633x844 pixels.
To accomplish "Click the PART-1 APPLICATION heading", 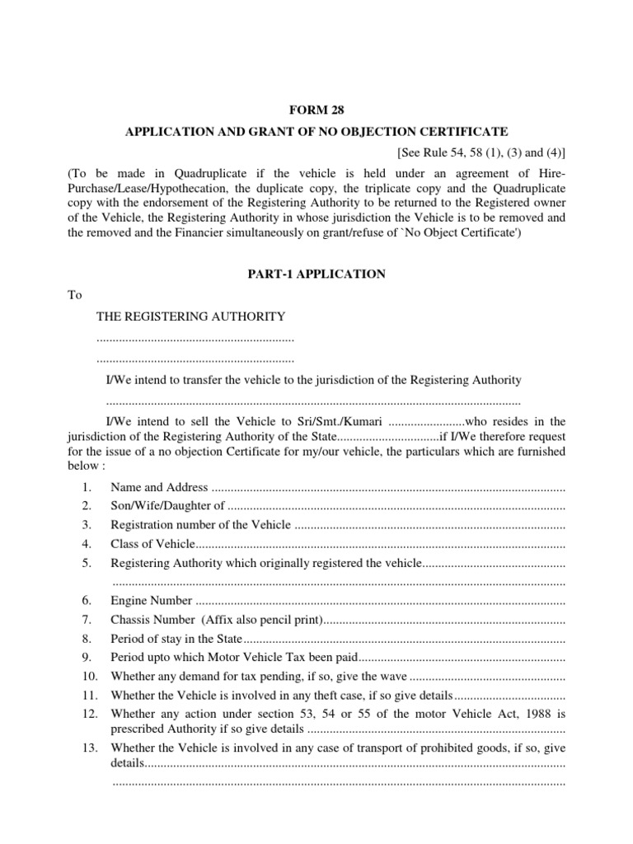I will (316, 274).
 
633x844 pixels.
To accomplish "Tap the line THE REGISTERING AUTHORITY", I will (191, 316).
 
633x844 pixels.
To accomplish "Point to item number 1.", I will (87, 488).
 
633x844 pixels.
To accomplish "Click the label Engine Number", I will (152, 601).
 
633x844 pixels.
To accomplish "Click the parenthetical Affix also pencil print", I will (265, 620).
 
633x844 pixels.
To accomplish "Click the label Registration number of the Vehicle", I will (200, 525).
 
